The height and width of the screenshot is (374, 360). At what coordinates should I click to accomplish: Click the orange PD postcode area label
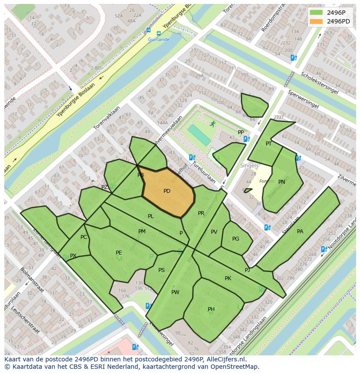pos(167,191)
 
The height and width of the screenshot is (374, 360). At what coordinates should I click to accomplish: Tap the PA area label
pos(300,232)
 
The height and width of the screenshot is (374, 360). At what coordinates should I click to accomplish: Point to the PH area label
pos(211,309)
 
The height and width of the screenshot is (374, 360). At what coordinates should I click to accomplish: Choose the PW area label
pos(175,292)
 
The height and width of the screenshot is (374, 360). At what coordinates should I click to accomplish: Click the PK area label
pos(228,278)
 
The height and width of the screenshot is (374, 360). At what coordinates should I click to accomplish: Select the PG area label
pos(236,239)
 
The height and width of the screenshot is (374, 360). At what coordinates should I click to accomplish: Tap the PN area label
pos(282,182)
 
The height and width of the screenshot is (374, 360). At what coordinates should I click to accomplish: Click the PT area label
pos(269,144)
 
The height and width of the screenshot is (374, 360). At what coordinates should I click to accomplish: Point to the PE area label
pos(119,253)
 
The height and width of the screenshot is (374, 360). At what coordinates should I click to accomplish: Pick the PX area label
pos(73,256)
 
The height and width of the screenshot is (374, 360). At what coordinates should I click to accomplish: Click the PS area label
pos(161,270)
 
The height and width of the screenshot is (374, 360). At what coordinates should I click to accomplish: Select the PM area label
pos(142,232)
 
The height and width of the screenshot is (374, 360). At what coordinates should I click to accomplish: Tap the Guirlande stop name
pos(158,40)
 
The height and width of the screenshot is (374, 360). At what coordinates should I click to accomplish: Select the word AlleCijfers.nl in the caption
pos(226,359)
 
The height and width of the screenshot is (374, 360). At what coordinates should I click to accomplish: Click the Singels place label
pos(249,166)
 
